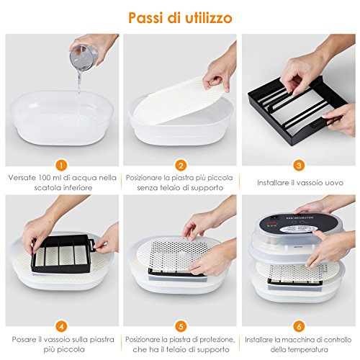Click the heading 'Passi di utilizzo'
[180, 18]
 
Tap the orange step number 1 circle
[62, 166]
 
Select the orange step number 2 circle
[181, 166]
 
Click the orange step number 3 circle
[299, 166]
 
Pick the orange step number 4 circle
[62, 326]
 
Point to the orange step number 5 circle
[181, 326]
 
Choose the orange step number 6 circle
[299, 326]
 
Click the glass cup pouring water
[84, 58]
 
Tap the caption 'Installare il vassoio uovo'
[300, 183]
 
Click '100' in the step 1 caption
[45, 178]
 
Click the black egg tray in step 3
[297, 110]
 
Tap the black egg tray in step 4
[63, 253]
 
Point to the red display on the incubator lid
[272, 225]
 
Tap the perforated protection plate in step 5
[177, 254]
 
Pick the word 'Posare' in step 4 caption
[24, 340]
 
